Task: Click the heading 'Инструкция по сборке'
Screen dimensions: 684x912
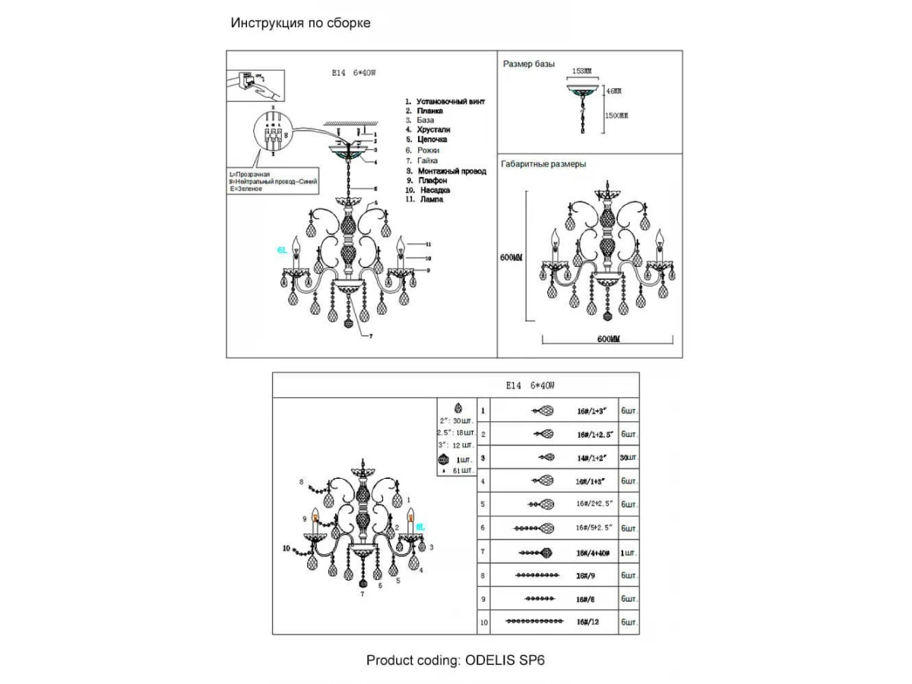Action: pos(301,23)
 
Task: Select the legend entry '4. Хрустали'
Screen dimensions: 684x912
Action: pos(428,130)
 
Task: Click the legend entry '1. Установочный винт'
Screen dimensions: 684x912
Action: pos(445,101)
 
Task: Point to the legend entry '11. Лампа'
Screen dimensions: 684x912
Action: pos(424,199)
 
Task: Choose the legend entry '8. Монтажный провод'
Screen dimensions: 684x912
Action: pos(445,171)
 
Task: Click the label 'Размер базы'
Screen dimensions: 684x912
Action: pos(529,65)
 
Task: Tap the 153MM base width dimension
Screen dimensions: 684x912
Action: pos(581,71)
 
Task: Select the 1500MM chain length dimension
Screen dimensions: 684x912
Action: pos(616,116)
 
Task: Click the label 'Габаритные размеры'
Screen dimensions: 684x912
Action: pos(543,163)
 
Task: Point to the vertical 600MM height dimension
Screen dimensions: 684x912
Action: pos(512,258)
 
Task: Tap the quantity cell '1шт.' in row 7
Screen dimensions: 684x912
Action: pos(629,552)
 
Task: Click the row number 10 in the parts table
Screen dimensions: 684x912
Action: pos(484,622)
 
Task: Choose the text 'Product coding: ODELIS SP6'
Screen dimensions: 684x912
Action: pos(455,660)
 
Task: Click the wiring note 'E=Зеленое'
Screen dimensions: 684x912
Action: pos(246,188)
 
